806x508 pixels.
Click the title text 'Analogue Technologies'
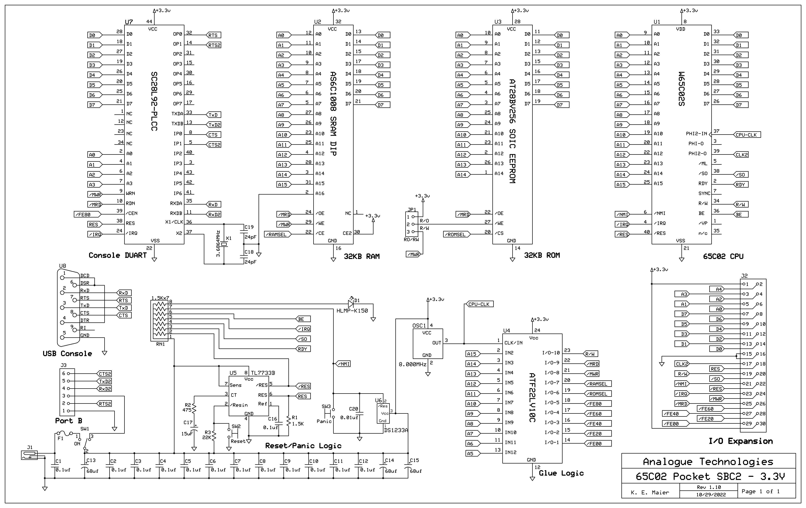[708, 462]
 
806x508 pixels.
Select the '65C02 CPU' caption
[723, 256]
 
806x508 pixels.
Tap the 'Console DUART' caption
[117, 255]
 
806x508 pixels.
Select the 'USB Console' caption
[67, 353]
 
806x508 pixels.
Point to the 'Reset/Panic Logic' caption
[303, 446]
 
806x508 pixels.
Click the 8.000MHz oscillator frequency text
[412, 364]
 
